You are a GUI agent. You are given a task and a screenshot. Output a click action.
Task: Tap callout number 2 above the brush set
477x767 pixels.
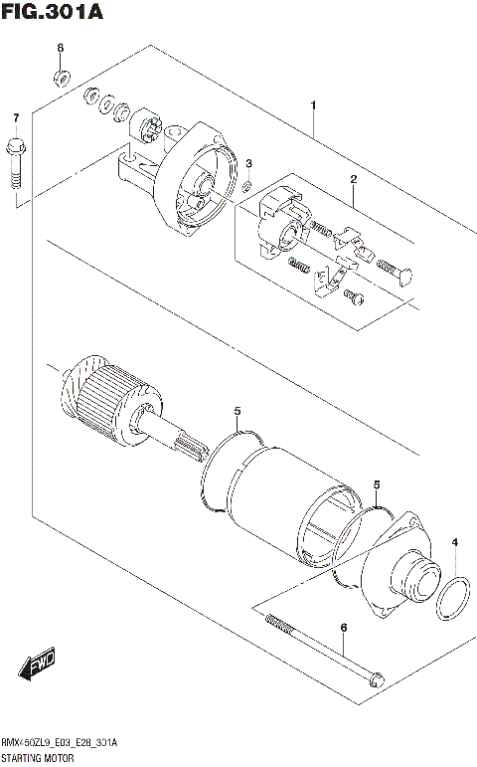tap(352, 179)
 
